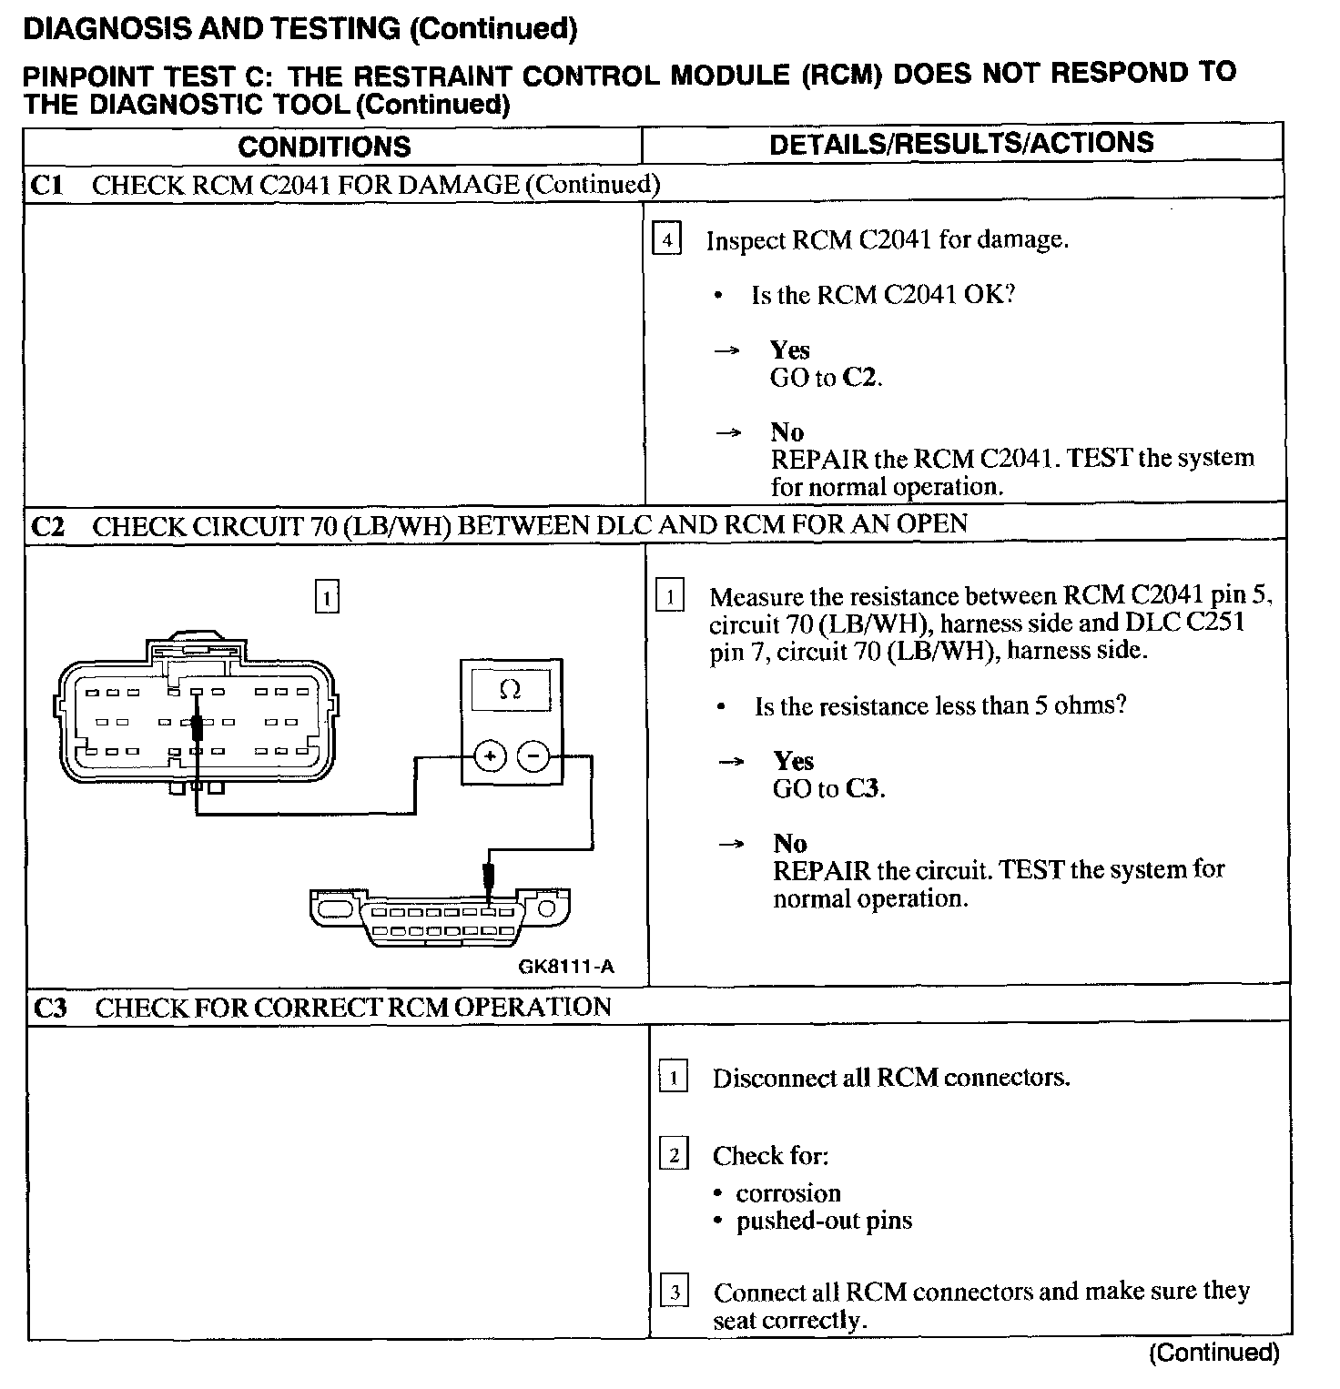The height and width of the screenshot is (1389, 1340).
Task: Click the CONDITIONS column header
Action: point(324,147)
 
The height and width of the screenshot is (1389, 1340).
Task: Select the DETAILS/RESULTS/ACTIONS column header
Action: point(961,143)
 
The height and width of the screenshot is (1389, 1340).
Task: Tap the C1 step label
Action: point(46,186)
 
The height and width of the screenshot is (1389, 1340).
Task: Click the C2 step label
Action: point(48,527)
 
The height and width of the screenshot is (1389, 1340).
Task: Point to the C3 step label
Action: point(51,1008)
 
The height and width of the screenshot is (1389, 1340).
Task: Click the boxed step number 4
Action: point(667,240)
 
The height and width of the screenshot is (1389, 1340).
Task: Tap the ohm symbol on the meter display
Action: point(511,691)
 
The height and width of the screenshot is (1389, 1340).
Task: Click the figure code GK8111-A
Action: point(566,967)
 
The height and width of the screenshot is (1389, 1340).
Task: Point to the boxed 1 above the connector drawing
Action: point(327,598)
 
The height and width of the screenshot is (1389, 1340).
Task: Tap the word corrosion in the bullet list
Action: point(788,1193)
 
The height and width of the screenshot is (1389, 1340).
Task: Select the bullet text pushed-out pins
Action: point(824,1221)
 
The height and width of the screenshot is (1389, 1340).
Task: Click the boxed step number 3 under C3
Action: point(674,1293)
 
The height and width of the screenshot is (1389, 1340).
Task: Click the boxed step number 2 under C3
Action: point(674,1156)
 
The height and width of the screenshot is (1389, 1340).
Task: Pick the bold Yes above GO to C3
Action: point(793,761)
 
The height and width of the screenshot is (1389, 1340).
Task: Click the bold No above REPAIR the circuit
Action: point(790,843)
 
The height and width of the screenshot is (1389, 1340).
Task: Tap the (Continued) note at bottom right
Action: point(1213,1354)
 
